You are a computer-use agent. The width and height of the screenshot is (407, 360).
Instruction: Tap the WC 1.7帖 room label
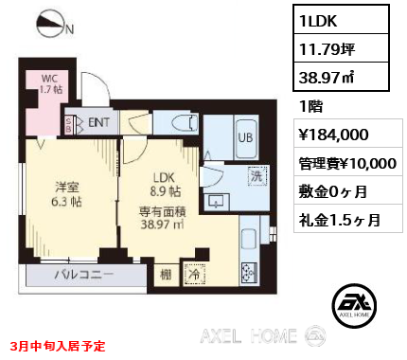click(x=50, y=84)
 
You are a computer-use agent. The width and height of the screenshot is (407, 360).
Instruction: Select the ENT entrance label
click(x=98, y=122)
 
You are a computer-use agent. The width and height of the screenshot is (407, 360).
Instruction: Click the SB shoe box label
click(x=68, y=125)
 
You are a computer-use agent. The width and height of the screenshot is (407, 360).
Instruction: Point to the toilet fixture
click(x=185, y=122)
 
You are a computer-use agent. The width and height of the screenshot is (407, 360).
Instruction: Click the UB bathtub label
click(x=245, y=137)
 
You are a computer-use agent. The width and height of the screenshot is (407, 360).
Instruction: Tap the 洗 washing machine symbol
click(x=257, y=176)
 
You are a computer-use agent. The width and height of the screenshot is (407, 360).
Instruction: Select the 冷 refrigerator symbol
click(x=194, y=274)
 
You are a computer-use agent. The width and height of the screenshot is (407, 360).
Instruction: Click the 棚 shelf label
click(x=166, y=275)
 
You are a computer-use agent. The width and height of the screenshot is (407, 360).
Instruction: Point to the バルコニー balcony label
click(x=84, y=274)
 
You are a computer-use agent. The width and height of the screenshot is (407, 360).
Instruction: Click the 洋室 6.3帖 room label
click(x=67, y=194)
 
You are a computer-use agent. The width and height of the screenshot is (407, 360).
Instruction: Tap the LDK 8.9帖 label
click(x=165, y=185)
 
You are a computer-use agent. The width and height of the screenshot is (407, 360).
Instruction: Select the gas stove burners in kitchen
click(x=249, y=272)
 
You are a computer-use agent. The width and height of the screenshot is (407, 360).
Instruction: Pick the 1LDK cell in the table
click(x=341, y=20)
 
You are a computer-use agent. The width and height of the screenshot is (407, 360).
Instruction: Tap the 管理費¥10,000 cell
click(x=348, y=162)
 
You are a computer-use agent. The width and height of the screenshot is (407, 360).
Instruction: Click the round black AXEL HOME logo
click(x=354, y=305)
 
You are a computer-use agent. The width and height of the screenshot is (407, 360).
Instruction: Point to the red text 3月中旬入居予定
click(x=58, y=346)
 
